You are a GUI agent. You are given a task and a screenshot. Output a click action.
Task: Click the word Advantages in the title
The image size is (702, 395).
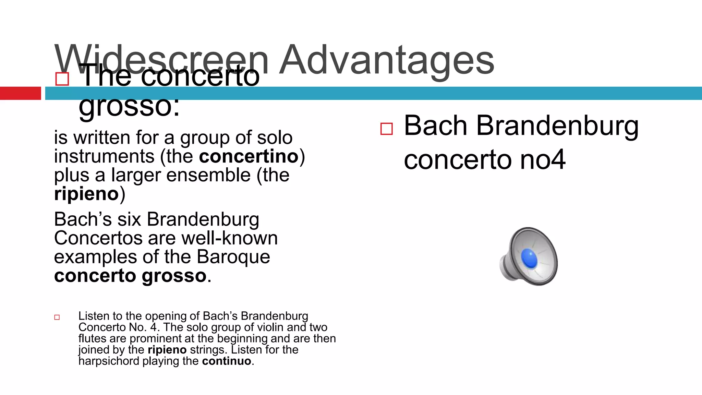pos(387,60)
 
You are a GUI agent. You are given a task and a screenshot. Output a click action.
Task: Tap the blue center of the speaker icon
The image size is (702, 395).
pos(529,258)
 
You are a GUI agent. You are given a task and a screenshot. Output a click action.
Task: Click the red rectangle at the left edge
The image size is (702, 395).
pos(20,93)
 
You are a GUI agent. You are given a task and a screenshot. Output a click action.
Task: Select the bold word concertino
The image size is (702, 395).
pos(249,156)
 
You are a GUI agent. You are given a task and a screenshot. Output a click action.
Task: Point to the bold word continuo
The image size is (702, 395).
pos(227,361)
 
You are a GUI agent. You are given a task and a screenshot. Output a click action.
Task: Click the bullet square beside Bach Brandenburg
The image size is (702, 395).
pos(386,129)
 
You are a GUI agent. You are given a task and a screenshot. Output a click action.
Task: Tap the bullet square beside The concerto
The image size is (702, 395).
pos(62,79)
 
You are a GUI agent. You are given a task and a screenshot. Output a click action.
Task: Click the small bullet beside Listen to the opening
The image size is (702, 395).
pos(57,318)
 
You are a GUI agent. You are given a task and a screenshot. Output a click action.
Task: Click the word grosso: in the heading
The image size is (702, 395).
pos(129,106)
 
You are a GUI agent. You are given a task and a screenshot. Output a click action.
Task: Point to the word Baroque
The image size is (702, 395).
pos(233,257)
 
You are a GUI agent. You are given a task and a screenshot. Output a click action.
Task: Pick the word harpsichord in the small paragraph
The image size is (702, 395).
pos(109,361)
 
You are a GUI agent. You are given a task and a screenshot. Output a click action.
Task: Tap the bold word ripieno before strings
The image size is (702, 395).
pos(167,350)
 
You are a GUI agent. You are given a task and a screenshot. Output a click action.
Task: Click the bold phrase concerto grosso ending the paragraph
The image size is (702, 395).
pos(130,276)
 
